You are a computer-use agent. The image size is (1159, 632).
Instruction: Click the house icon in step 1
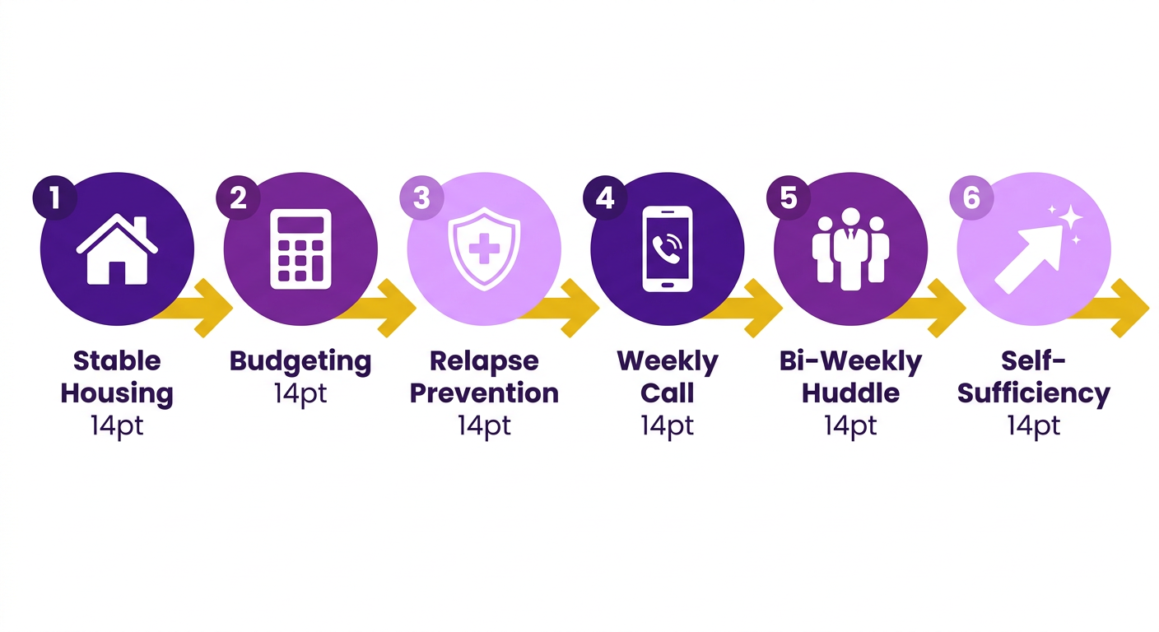[x=117, y=249]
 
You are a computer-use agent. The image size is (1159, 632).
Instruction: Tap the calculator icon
[x=300, y=249]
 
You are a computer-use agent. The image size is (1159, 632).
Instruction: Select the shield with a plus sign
[x=484, y=249]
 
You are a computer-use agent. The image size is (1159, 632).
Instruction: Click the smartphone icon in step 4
[x=668, y=249]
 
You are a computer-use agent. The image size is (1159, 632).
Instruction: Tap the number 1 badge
[x=55, y=197]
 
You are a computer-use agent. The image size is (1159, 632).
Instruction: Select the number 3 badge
[x=421, y=197]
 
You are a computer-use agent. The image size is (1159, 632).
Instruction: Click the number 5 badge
[x=788, y=197]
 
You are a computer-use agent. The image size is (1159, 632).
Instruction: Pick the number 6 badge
[x=971, y=197]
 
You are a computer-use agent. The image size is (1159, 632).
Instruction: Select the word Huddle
[x=850, y=393]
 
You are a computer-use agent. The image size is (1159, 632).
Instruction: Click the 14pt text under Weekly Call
[x=668, y=426]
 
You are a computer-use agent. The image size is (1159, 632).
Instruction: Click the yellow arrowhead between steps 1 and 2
[x=213, y=309]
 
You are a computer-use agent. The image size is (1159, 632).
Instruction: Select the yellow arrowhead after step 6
[x=1130, y=309]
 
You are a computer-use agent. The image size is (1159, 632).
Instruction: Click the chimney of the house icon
[x=140, y=228]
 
